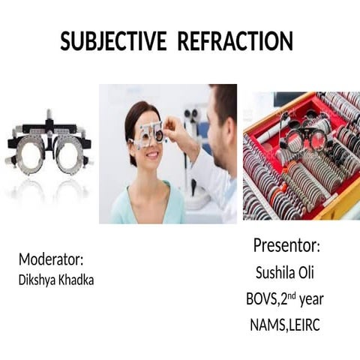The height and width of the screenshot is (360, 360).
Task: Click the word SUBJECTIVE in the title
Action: point(113,42)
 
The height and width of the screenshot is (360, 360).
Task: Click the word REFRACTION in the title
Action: point(235,42)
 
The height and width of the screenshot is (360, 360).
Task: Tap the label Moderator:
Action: point(51,259)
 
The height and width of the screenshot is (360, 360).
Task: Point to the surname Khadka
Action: point(79,280)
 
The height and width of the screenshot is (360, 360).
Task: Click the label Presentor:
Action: point(286,246)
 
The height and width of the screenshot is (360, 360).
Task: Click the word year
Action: point(311,299)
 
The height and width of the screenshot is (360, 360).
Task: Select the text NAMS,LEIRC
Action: point(286,325)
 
